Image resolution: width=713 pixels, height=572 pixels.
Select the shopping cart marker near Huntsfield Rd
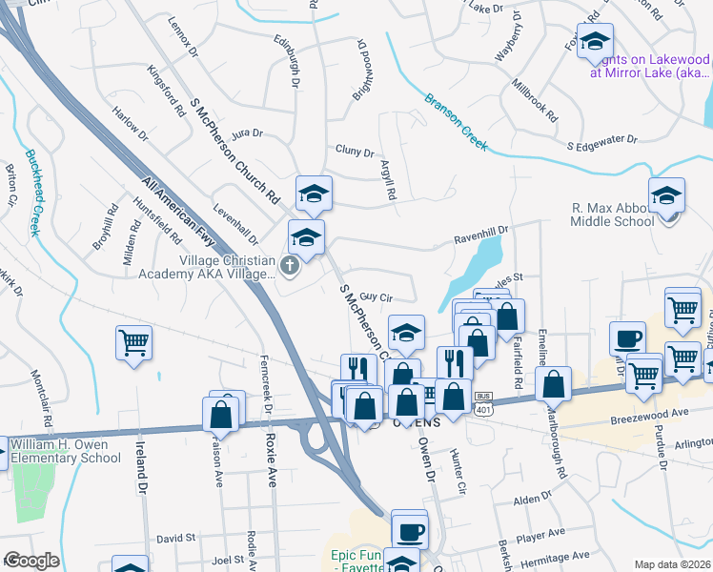tap(134, 341)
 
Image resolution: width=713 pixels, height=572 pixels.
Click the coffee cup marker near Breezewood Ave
tap(627, 338)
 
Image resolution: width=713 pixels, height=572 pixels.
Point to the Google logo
tap(31, 561)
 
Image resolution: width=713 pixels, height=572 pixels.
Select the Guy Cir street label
tap(377, 297)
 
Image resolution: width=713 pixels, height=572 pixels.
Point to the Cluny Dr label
tap(356, 151)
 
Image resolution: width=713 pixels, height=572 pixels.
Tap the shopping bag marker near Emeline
tap(553, 384)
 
